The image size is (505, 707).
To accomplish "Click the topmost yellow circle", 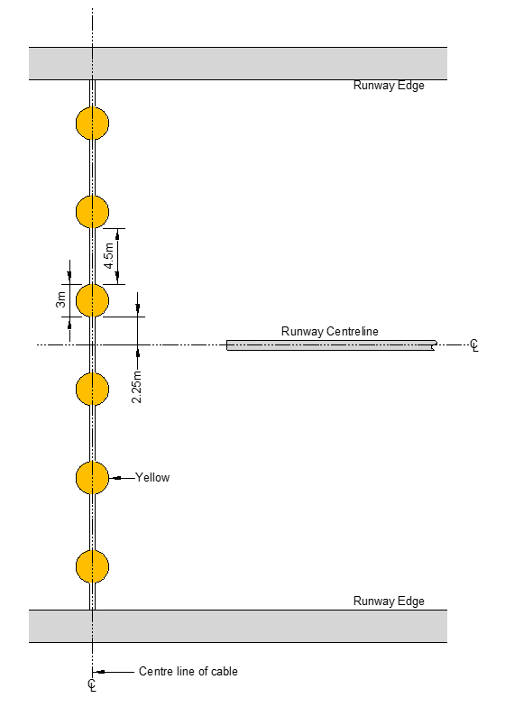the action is coord(92,123).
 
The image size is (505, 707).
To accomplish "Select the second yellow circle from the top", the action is coord(92,211).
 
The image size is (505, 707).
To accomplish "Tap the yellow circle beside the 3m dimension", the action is coord(92,300).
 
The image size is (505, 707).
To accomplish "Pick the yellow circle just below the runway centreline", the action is coord(92,389).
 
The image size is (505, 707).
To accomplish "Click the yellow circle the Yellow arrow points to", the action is coord(92,478).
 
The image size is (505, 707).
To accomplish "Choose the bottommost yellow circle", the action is coord(92,566).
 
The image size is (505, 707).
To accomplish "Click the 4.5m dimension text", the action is coord(109,256).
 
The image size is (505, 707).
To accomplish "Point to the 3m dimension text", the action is coord(61,299).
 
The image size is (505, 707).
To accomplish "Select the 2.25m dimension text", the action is coord(137,387).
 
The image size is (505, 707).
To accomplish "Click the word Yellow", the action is coord(152,478).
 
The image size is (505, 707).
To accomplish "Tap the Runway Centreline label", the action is coord(330,332).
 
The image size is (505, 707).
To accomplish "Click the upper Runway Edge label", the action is coord(389,86).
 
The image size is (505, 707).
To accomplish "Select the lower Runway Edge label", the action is coord(389,601).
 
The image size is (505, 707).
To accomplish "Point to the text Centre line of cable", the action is coord(188,671).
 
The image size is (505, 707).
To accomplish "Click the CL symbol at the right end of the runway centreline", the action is coord(474,345).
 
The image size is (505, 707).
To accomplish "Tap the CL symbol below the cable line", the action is coord(92,685).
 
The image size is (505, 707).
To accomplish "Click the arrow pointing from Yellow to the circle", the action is coord(123,478).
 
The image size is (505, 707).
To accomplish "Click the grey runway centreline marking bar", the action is coord(332,345).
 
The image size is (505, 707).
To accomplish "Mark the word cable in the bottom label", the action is coord(225,671).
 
